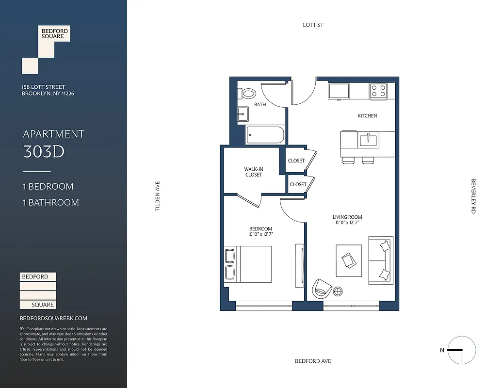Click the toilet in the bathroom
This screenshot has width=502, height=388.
coord(248,94)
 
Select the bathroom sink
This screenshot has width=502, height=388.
coord(243,114)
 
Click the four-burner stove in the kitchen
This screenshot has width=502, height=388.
coord(379,91)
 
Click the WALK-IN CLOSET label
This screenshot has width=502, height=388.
coord(253,172)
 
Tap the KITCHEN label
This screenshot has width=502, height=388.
coord(367,116)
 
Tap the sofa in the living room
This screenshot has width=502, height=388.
coord(380,260)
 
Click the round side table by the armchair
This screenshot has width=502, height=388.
coord(338,291)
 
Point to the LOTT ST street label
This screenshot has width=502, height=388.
coord(313,25)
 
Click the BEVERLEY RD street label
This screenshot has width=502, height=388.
coord(473,196)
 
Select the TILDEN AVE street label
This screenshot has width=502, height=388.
coord(157,196)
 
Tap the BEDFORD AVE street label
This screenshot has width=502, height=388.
coord(313,361)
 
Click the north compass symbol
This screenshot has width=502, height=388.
coord(461,350)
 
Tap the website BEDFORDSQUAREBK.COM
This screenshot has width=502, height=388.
coord(53,318)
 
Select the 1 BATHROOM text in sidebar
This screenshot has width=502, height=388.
coord(51,202)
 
